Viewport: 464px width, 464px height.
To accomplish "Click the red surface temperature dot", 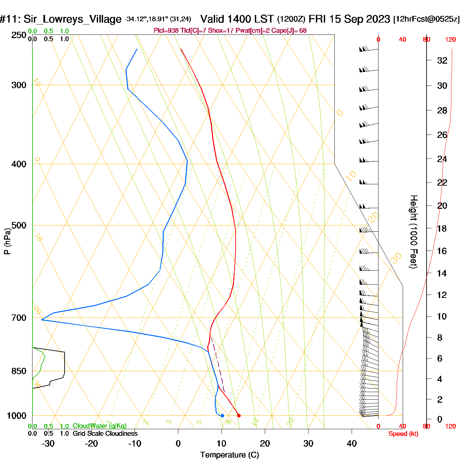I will (x=239, y=416).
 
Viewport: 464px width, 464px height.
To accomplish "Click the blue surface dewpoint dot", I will (x=222, y=416).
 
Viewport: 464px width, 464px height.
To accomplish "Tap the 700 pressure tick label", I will (x=19, y=318).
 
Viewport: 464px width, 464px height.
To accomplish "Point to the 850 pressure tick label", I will (x=19, y=371).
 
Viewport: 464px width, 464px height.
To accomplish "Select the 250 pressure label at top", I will (x=19, y=35).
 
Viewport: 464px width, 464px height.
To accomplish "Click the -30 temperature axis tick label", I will (x=48, y=443).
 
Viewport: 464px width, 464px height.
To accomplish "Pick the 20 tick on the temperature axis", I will (x=265, y=443).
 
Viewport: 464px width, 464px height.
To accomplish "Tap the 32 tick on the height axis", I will (x=442, y=61).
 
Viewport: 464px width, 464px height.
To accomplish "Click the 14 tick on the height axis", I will (x=442, y=273).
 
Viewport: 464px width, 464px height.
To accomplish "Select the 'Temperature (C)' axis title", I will (x=229, y=455).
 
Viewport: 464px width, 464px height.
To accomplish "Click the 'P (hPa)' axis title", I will (x=7, y=241).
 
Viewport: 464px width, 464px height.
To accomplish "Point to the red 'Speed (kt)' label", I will (x=403, y=434).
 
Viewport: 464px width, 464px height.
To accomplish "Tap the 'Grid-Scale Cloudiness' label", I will (x=105, y=434).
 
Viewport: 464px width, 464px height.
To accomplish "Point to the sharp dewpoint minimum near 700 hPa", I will (x=42, y=319).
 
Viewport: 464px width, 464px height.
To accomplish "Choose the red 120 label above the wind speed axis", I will (x=450, y=40).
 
